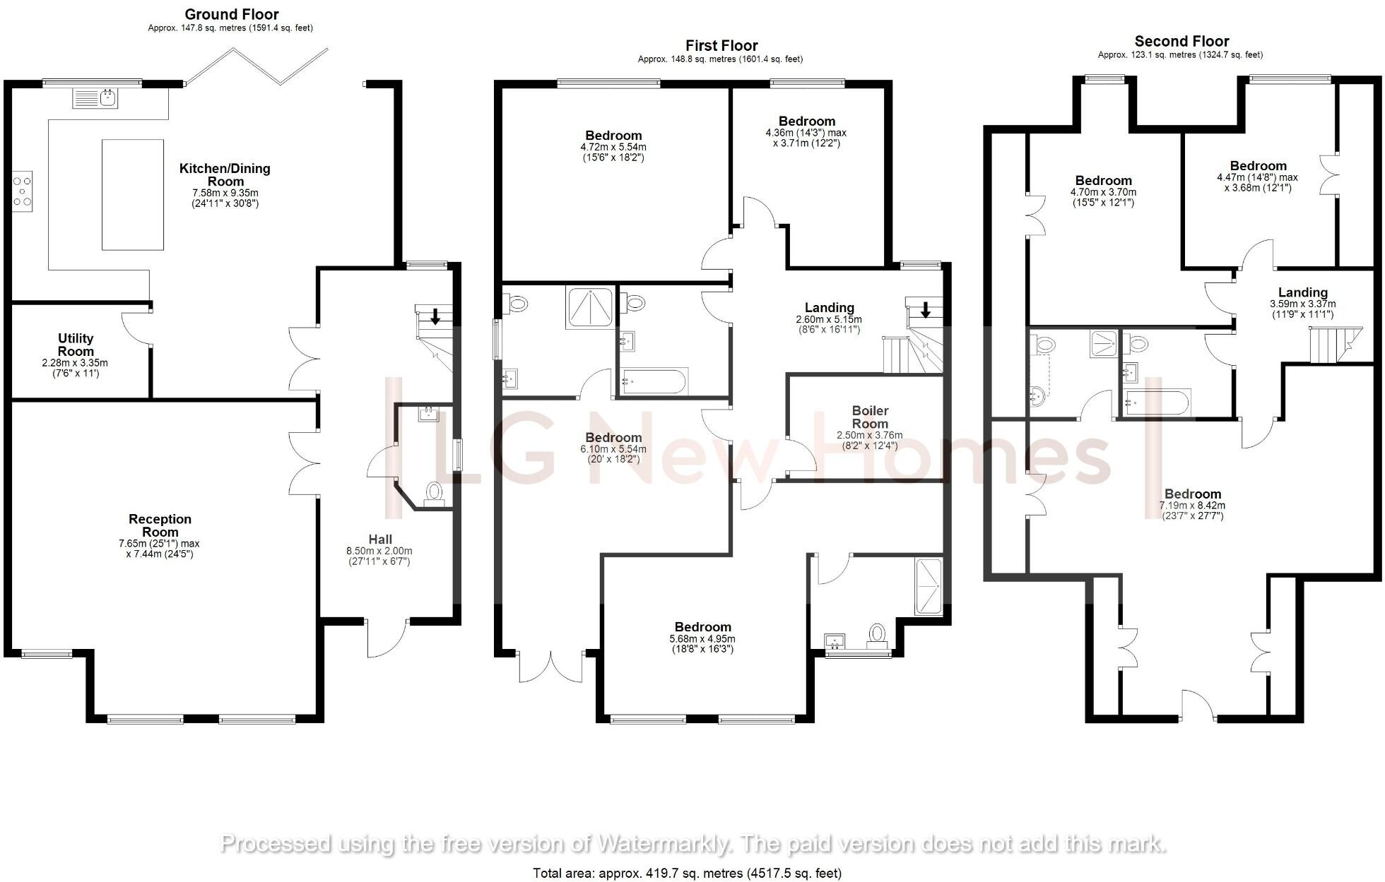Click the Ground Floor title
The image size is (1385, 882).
[x=231, y=14]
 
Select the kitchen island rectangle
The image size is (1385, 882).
[x=132, y=195]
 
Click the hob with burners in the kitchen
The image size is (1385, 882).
[x=23, y=191]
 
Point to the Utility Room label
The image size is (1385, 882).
[x=76, y=345]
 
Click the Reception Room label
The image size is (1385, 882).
[x=160, y=525]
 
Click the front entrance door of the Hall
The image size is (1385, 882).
[x=387, y=638]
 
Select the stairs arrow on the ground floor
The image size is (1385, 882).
[x=435, y=316]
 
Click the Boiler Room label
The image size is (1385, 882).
[x=870, y=417]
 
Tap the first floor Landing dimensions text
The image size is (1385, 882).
[x=829, y=324]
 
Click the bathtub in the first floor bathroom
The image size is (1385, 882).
[x=653, y=383]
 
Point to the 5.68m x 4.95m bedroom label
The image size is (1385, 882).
[x=702, y=627]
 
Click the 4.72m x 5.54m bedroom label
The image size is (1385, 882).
[x=613, y=136]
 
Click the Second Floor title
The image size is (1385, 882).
[x=1181, y=41]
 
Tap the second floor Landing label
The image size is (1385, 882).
[x=1302, y=292]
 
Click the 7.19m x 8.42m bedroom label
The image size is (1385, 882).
[x=1192, y=494]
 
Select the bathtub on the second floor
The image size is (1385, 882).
[x=1156, y=403]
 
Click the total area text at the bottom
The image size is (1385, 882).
[x=687, y=874]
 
